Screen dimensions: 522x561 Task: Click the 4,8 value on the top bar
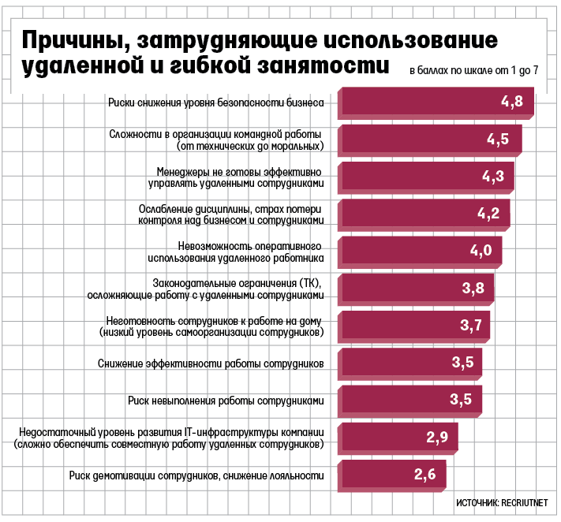[512, 101]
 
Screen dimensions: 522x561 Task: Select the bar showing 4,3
[426, 176]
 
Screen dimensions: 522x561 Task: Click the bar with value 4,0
[418, 251]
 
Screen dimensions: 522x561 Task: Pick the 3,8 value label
[473, 288]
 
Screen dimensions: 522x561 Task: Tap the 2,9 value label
[436, 437]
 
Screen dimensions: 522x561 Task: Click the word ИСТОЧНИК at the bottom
[476, 502]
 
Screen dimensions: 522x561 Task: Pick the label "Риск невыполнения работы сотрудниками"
[226, 401]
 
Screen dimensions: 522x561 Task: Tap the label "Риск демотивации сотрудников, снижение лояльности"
[196, 475]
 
